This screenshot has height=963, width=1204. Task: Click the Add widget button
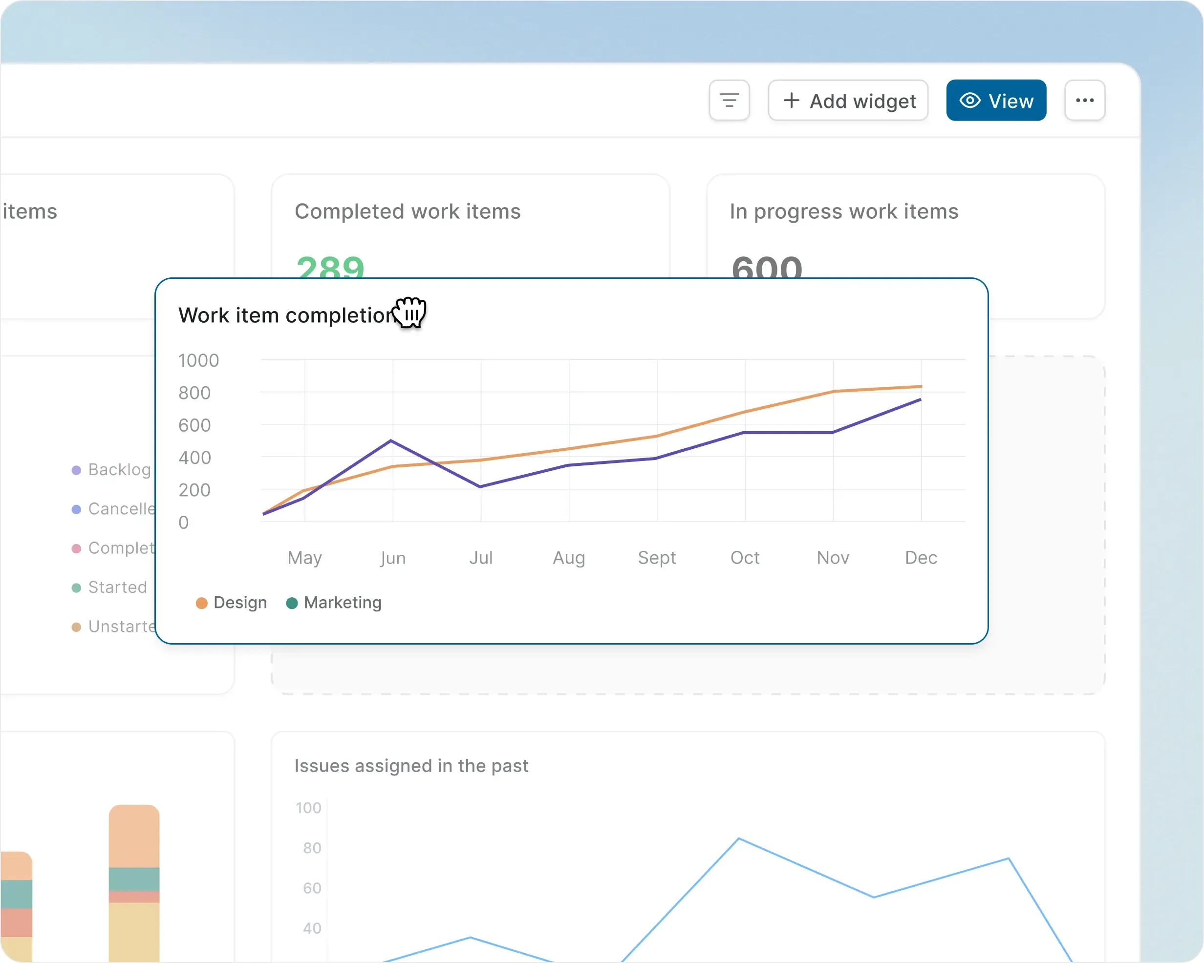848,101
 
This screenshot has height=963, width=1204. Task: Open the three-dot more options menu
1084,101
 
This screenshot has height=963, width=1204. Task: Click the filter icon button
729,101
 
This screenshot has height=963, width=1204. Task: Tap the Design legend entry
232,603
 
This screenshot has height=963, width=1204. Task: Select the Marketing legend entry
334,603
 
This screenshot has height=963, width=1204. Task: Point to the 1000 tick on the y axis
198,360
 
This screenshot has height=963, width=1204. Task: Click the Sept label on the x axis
657,558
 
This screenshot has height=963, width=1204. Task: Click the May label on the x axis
304,558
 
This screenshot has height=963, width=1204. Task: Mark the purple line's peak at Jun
391,440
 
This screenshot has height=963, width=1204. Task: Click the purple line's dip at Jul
480,487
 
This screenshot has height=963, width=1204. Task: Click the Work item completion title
286,315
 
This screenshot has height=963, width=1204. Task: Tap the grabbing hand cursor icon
410,313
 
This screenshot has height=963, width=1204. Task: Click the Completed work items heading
408,211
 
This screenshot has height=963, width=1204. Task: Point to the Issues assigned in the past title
411,766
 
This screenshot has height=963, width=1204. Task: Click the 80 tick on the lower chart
312,848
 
